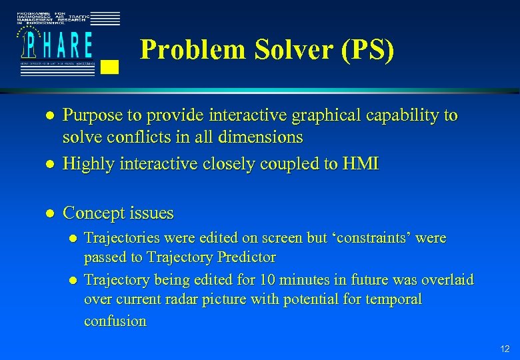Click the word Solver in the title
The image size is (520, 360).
coord(279,50)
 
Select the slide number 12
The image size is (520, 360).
coord(504,349)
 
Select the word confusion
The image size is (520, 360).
coord(115,321)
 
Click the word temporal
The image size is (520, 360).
coord(393,299)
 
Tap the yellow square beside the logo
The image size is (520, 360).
coord(111,66)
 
